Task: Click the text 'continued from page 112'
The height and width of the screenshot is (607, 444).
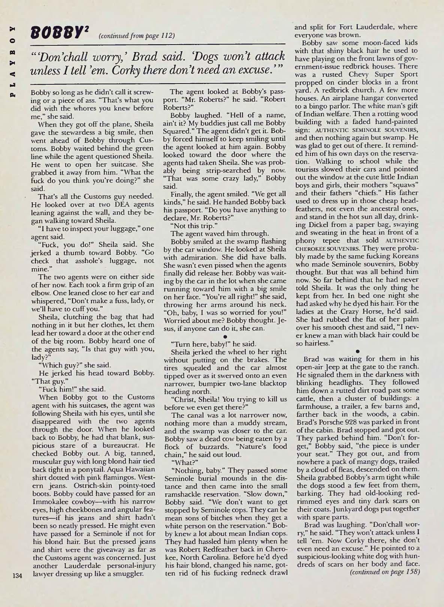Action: click(136, 36)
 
